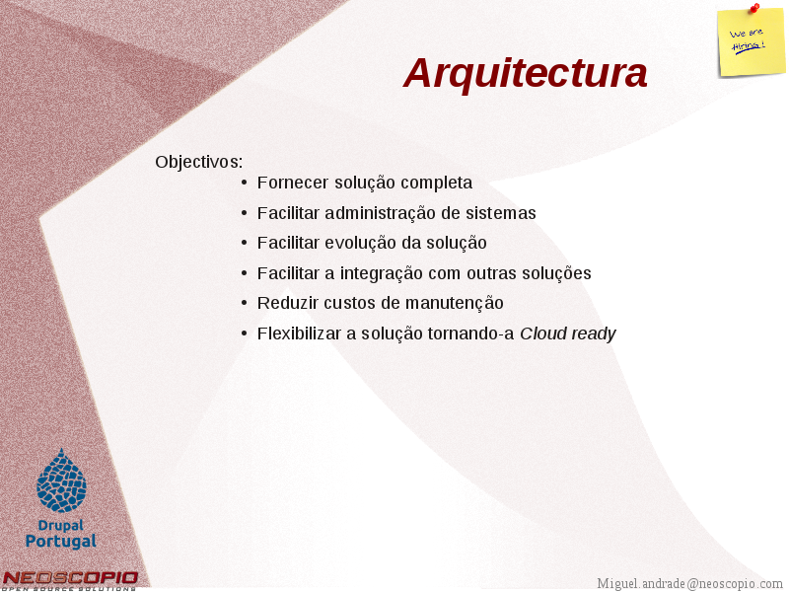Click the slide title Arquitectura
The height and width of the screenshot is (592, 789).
pyautogui.click(x=526, y=73)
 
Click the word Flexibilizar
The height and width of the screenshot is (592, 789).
pyautogui.click(x=300, y=333)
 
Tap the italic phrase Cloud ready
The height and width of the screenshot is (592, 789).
pyautogui.click(x=568, y=333)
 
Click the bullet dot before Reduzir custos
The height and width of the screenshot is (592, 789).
pyautogui.click(x=244, y=303)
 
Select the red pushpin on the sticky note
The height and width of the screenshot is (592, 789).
pyautogui.click(x=754, y=8)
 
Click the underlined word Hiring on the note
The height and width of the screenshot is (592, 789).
pyautogui.click(x=749, y=46)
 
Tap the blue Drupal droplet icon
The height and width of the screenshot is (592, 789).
pyautogui.click(x=61, y=481)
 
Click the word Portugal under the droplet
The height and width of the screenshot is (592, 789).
pyautogui.click(x=61, y=541)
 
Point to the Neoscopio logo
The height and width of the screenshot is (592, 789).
pyautogui.click(x=69, y=581)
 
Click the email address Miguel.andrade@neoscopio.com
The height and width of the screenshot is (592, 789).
pyautogui.click(x=689, y=583)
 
